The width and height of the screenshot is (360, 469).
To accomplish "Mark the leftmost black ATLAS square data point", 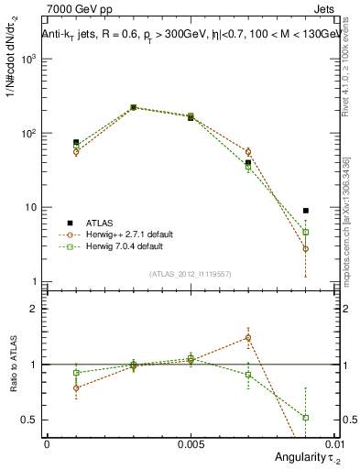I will click(76, 143).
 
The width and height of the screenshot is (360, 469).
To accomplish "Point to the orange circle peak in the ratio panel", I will click(248, 338).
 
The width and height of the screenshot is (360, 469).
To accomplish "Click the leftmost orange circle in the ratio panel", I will click(76, 387).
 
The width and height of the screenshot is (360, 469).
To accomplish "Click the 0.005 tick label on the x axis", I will click(190, 443).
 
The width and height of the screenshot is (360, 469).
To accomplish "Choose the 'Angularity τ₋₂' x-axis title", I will click(303, 457).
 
